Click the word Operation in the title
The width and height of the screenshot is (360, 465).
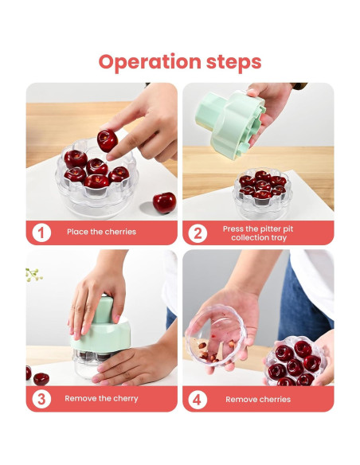[150, 62]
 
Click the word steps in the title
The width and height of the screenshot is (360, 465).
[233, 61]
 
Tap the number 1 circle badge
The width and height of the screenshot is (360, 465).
[41, 232]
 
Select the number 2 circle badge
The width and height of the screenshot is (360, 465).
[198, 233]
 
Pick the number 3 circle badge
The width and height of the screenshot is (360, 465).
[41, 399]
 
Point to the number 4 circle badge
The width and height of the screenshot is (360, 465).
[198, 400]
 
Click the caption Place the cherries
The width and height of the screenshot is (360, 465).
[101, 232]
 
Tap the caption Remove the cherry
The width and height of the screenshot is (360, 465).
[101, 398]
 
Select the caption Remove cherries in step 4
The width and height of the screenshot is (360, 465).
[258, 399]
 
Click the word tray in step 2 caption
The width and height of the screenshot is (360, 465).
[279, 238]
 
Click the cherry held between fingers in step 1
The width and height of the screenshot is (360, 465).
[108, 140]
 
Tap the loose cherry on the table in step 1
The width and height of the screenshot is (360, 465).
[164, 202]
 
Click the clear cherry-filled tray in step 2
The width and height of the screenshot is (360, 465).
[263, 193]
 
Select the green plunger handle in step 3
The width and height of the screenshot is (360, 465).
[102, 310]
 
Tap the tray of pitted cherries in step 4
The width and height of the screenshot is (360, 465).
[295, 361]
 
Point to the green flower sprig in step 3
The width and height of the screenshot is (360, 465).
[33, 275]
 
